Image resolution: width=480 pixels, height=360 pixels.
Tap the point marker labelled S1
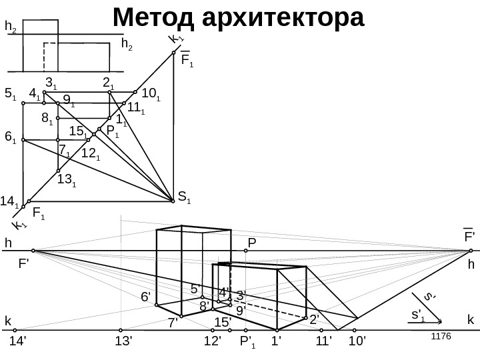click(x=173, y=197)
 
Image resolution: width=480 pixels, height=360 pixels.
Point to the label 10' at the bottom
click(x=358, y=342)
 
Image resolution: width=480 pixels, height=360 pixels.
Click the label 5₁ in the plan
click(x=10, y=94)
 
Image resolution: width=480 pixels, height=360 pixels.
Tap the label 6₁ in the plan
click(x=10, y=137)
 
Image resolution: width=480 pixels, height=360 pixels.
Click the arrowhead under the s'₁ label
click(x=439, y=326)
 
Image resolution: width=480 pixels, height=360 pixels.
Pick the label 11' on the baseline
click(x=323, y=342)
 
